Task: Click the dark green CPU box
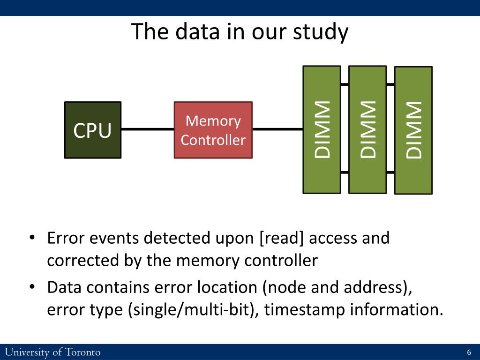[x=93, y=130]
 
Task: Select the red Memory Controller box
[x=213, y=130]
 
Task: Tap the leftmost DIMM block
[x=322, y=130]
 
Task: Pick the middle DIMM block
[x=367, y=130]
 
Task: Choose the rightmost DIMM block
[x=413, y=130]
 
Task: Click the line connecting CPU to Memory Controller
[x=148, y=129]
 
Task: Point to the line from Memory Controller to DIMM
[x=277, y=129]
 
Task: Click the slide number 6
[x=469, y=352]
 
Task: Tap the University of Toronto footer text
[x=52, y=352]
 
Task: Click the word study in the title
[x=321, y=32]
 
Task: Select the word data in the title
[x=197, y=31]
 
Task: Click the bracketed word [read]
[x=281, y=238]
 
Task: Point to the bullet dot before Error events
[x=32, y=238]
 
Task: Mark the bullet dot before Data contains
[x=32, y=287]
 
